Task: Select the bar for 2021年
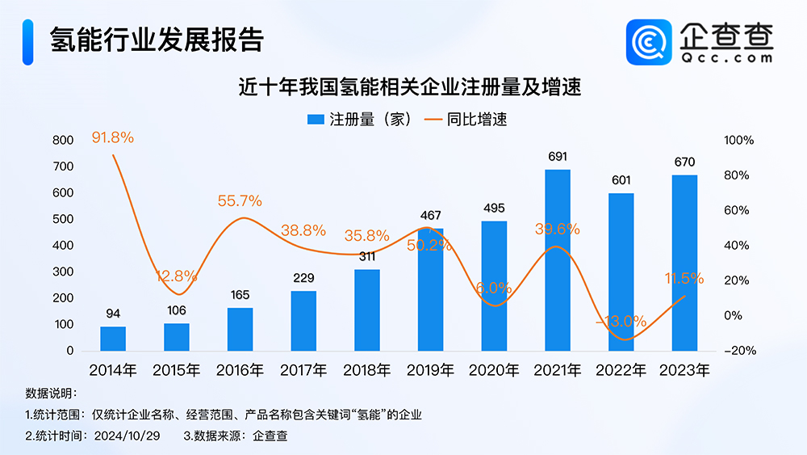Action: pyautogui.click(x=558, y=260)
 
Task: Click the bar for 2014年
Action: pyautogui.click(x=113, y=339)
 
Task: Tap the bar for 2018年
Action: pyautogui.click(x=367, y=310)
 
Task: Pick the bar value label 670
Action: pyautogui.click(x=684, y=162)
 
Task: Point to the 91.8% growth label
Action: pyautogui.click(x=112, y=138)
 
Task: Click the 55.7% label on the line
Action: pyautogui.click(x=240, y=200)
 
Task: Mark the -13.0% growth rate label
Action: pyautogui.click(x=621, y=321)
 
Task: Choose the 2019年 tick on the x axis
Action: pyautogui.click(x=430, y=371)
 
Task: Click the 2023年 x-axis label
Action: pyautogui.click(x=684, y=371)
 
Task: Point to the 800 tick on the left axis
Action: pyautogui.click(x=63, y=141)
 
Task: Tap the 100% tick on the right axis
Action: pyautogui.click(x=738, y=141)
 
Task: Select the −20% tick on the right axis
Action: pyautogui.click(x=738, y=351)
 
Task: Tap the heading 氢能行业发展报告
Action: pyautogui.click(x=157, y=40)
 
